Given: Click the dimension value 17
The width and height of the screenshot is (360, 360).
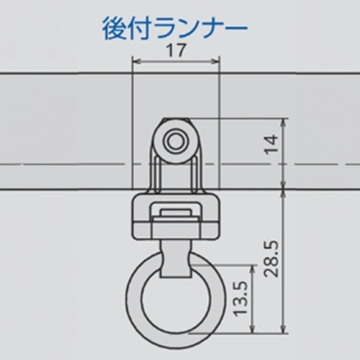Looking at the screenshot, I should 175,50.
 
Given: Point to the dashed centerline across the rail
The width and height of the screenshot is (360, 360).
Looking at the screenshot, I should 72,167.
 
